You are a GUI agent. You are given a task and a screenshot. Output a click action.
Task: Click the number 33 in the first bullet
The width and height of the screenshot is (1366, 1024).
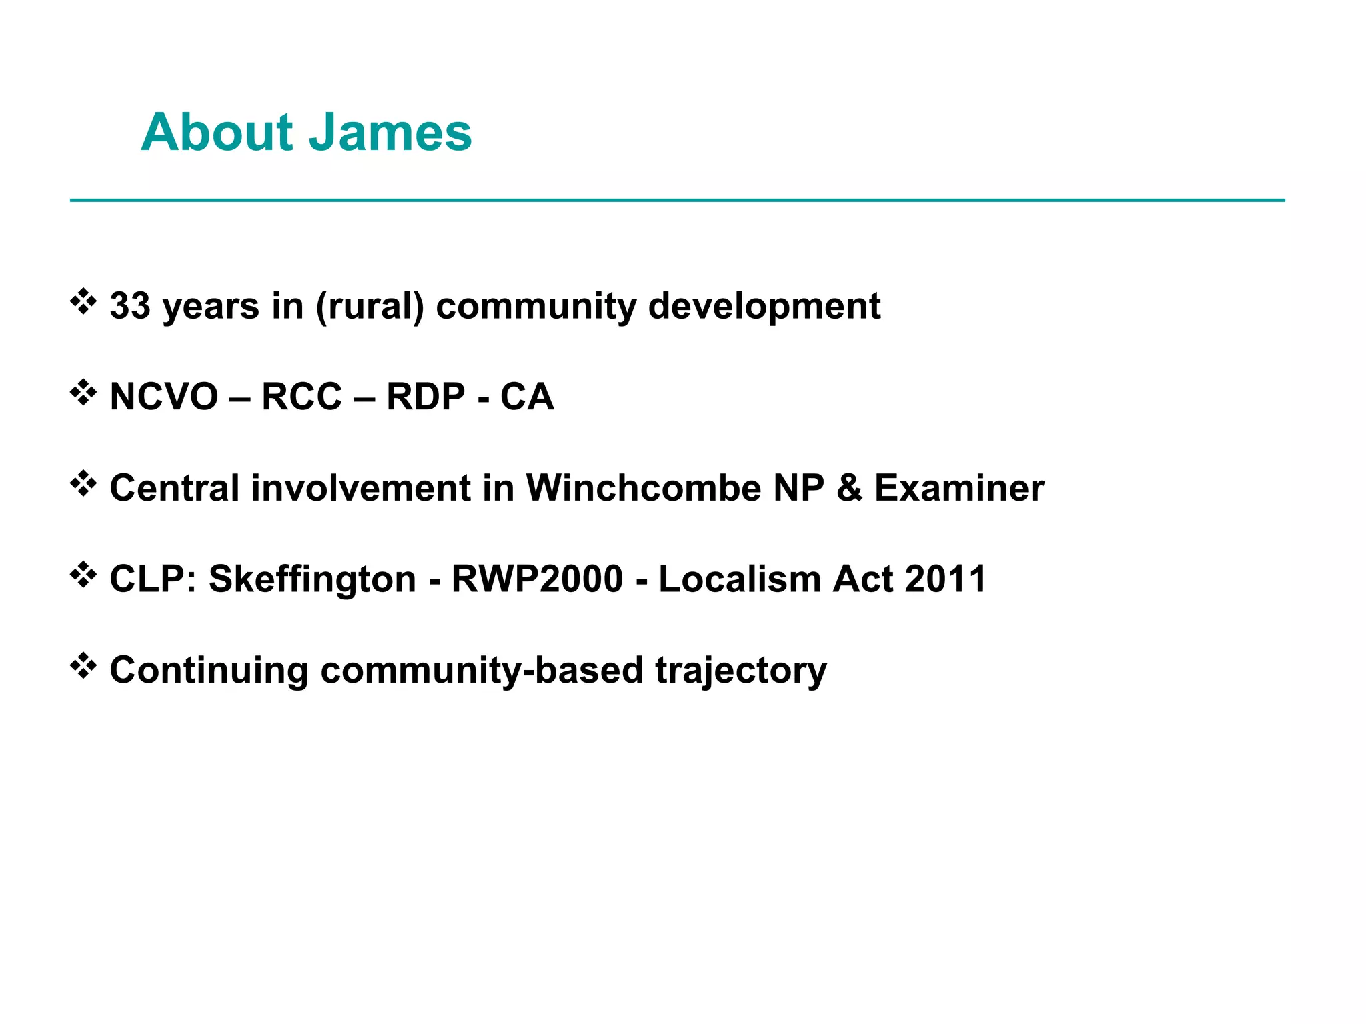coord(130,306)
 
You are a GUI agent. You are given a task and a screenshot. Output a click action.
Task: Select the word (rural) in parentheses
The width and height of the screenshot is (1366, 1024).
coord(370,307)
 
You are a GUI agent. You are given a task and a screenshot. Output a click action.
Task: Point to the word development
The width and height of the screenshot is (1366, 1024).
coord(764,307)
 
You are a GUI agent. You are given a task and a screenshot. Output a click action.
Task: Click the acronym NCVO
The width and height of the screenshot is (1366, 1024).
coord(164,397)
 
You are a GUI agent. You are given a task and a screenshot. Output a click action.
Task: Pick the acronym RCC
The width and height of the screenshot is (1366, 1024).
coord(301,397)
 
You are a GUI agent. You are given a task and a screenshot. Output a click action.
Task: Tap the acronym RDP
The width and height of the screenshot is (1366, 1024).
coord(426,397)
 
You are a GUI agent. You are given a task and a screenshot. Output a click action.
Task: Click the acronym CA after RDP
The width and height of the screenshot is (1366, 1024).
coord(527,397)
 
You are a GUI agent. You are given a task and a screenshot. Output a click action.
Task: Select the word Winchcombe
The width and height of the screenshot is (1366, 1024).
coord(644,488)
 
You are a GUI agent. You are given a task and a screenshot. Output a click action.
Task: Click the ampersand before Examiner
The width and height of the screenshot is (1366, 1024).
coord(849,488)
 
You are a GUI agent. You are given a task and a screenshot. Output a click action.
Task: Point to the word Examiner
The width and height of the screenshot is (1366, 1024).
coord(959,488)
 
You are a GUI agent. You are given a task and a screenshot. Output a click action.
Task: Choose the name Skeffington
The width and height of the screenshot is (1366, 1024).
coord(312,579)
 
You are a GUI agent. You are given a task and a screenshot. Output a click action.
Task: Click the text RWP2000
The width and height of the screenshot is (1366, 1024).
coord(537,579)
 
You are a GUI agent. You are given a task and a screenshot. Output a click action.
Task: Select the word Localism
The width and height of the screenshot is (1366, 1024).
coord(740,579)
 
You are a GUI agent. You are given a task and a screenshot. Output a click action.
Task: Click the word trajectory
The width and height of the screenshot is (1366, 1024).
coord(741,671)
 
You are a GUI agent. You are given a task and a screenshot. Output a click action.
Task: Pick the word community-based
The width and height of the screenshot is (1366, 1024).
coord(482,671)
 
